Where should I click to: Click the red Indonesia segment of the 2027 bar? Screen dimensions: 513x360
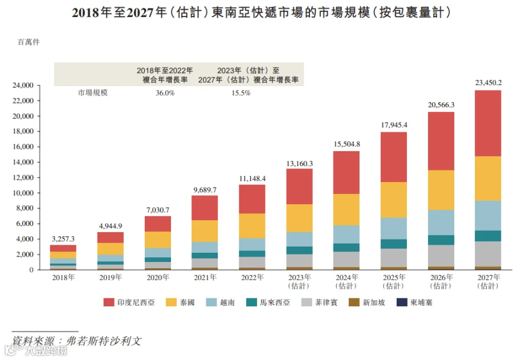(x=488, y=123)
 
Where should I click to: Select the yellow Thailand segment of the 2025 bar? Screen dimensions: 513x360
(x=393, y=200)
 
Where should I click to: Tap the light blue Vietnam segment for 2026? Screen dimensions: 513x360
(x=441, y=223)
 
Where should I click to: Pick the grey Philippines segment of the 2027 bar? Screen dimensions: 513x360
(x=488, y=254)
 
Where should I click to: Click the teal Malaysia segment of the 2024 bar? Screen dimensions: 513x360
(x=347, y=247)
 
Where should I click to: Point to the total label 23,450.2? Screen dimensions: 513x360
(x=488, y=83)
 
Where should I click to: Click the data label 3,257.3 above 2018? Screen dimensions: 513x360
(x=63, y=239)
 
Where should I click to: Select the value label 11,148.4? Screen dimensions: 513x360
(x=253, y=179)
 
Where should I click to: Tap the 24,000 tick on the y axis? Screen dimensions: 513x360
(x=23, y=86)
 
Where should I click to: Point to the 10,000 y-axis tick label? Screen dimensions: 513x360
(x=23, y=193)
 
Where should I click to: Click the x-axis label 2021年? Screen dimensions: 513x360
(x=205, y=277)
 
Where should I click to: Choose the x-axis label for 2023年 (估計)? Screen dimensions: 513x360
(x=299, y=281)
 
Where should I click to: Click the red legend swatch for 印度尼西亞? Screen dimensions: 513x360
(x=109, y=302)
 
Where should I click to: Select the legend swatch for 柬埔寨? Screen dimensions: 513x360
(x=402, y=302)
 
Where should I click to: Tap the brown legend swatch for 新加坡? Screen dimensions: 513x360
(x=354, y=302)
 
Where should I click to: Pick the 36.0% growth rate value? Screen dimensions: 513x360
(x=165, y=93)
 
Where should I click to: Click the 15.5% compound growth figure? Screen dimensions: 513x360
(x=241, y=93)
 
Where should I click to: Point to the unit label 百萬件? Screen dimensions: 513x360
(x=28, y=42)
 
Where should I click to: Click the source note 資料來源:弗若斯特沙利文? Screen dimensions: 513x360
(x=76, y=341)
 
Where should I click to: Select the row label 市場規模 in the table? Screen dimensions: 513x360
(x=92, y=92)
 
